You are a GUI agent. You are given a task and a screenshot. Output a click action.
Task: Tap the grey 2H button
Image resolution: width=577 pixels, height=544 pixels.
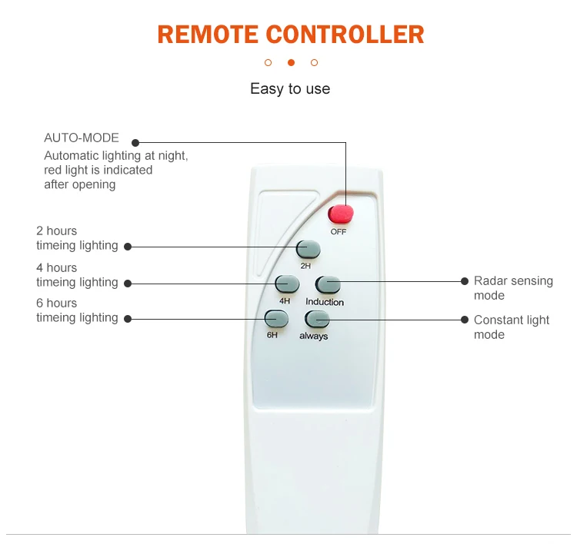[309, 249]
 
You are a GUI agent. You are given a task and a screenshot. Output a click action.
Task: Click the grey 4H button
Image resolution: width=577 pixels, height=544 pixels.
[287, 284]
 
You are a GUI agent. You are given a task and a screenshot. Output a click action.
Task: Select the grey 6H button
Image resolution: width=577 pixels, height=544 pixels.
[276, 318]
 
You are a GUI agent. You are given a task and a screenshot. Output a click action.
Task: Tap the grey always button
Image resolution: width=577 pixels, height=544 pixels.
[318, 320]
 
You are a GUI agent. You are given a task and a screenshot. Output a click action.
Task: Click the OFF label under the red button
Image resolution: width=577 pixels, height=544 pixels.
[339, 231]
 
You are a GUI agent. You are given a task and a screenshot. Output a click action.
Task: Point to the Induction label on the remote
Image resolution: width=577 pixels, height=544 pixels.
[325, 302]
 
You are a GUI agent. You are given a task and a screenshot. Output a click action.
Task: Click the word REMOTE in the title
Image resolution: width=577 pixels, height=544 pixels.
[208, 35]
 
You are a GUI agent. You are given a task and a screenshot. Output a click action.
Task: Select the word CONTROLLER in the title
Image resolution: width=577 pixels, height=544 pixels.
[345, 35]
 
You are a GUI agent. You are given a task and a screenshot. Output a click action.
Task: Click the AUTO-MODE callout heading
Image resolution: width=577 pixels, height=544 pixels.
[82, 138]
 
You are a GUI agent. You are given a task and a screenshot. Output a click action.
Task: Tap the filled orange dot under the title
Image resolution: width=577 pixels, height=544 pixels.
[291, 62]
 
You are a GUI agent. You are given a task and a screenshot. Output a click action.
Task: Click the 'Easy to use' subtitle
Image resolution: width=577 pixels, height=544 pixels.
[290, 89]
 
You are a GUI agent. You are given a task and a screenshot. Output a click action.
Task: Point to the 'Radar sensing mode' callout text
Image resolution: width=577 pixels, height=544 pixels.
[513, 288]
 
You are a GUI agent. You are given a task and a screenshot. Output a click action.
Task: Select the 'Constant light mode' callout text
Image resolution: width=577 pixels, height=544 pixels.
[512, 327]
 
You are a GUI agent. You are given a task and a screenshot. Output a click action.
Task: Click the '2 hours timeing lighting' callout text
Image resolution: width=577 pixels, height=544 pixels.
[77, 238]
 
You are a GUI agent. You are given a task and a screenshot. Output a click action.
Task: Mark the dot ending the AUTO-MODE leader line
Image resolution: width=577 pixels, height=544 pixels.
[135, 142]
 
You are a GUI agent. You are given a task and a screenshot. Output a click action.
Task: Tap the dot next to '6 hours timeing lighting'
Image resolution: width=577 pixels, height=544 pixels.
[128, 318]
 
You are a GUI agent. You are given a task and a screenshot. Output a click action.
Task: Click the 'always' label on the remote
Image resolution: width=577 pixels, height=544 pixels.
[314, 337]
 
